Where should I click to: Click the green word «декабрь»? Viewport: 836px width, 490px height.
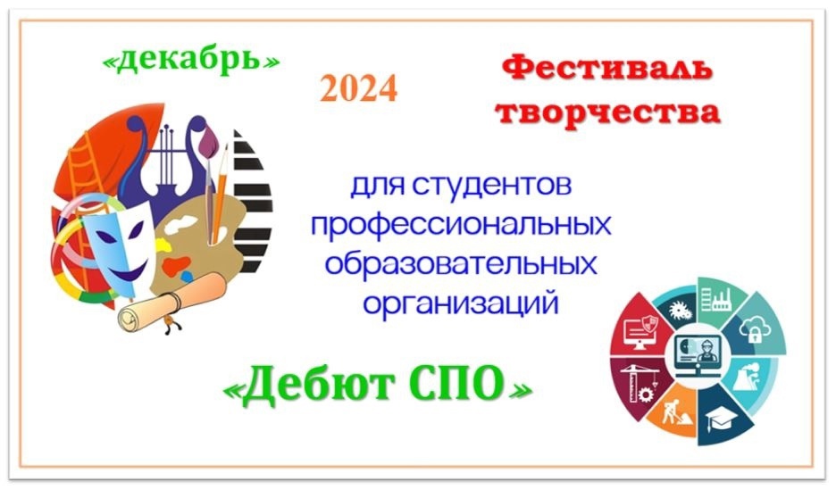click(190, 60)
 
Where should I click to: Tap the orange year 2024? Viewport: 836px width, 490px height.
click(359, 87)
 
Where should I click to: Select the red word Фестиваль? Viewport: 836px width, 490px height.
click(607, 70)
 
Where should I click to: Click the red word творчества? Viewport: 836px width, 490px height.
click(608, 112)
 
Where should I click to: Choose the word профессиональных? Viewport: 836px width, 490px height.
click(461, 225)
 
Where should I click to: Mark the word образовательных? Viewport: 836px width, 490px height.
click(461, 263)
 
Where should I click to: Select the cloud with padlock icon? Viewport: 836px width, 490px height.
click(754, 328)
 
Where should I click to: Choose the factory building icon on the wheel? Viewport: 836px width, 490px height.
click(715, 299)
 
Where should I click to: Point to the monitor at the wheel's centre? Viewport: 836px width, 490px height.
click(697, 353)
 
